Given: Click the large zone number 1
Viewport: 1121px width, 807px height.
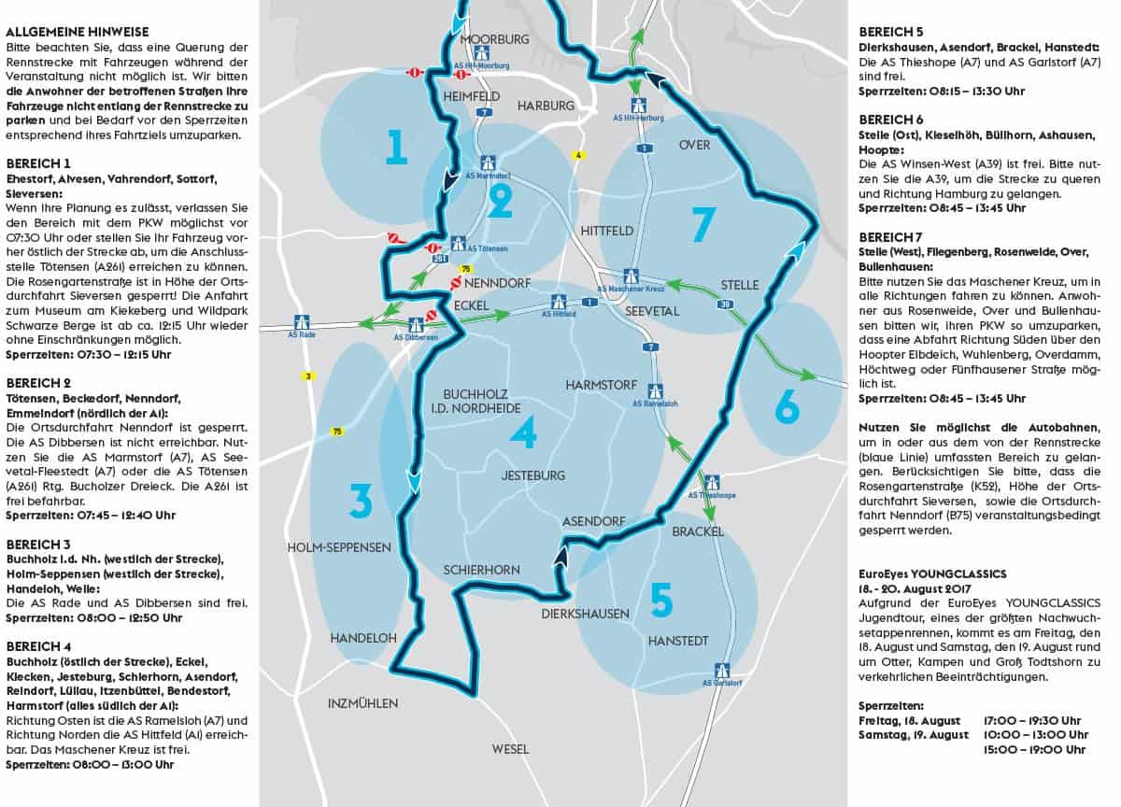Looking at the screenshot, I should pos(396,147).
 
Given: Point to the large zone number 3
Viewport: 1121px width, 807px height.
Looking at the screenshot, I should pos(361,502).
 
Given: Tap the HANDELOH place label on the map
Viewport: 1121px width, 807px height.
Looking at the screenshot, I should pos(363,637).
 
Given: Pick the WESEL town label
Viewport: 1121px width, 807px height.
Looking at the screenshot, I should pos(510,749).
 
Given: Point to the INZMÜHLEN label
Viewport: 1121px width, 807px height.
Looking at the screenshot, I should pos(362,702).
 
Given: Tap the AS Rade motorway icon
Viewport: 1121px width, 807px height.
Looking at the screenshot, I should pos(302,322).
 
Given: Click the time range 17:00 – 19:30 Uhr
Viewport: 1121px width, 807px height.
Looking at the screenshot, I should pos(1031,720).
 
